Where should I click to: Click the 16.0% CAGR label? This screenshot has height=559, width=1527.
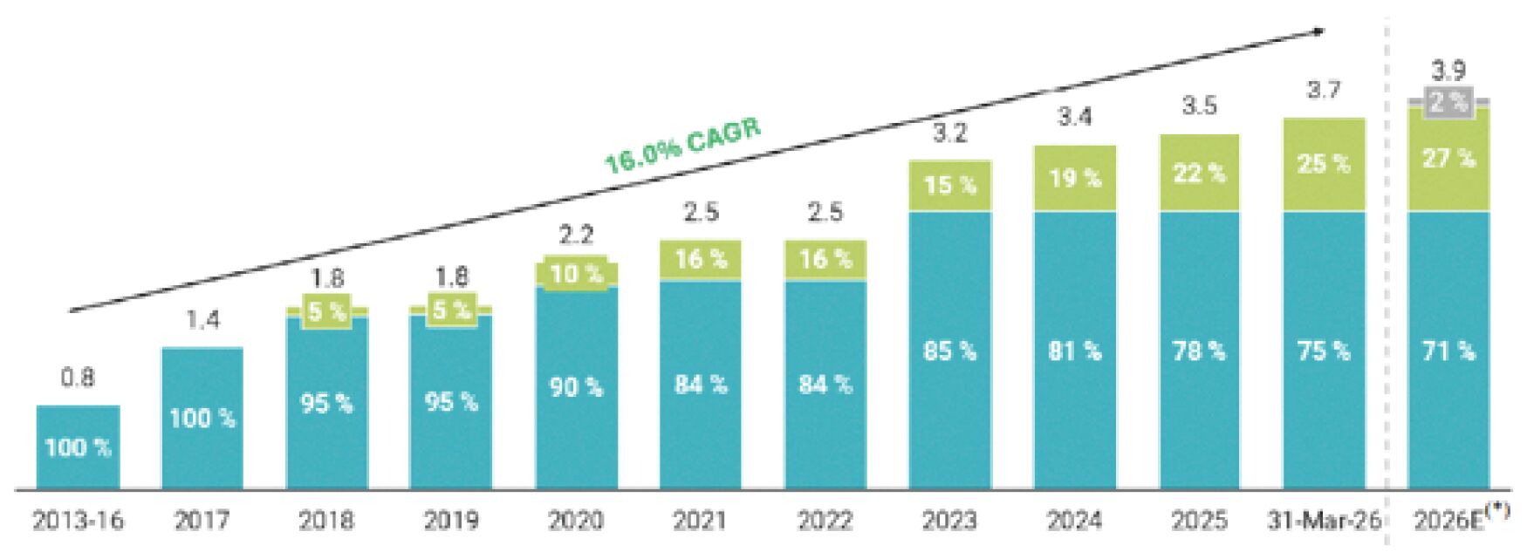coord(682,146)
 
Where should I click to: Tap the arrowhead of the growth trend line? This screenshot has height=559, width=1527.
coord(1318,31)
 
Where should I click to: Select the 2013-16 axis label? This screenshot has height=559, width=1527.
coord(78,521)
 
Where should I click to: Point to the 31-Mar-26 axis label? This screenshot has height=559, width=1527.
coord(1324,521)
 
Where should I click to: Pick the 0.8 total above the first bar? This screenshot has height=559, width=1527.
coord(78,378)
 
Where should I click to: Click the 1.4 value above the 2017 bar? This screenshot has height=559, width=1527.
coord(202,320)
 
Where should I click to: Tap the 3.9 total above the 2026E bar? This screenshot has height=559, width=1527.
coord(1448,70)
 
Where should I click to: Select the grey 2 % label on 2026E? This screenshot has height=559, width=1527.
coord(1448,103)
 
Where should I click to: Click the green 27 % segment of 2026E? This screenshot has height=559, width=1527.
coord(1448,159)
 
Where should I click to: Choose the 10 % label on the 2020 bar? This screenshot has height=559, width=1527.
coord(576,274)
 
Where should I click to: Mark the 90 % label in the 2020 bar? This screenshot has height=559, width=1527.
coord(576,386)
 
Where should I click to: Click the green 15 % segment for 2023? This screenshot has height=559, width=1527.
coord(950,186)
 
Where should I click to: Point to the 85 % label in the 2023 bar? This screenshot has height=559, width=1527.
coord(950,351)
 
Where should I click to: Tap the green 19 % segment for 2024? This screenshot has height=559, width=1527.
coord(1075,178)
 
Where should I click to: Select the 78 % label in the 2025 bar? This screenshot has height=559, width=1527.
coord(1199,351)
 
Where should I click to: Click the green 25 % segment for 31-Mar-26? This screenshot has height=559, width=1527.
coord(1324,165)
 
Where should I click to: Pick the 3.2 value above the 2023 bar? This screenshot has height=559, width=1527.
coord(950,133)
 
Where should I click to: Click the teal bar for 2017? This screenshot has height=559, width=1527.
coord(202,419)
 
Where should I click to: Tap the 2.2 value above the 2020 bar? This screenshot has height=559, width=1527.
coord(576,235)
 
